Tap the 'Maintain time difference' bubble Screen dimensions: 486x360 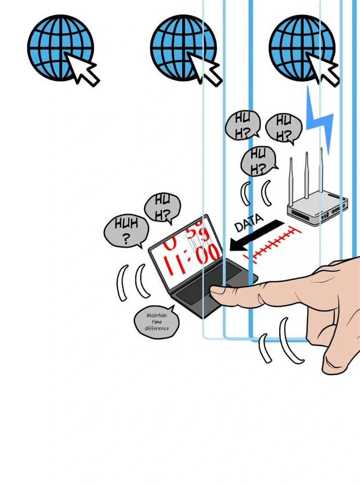157,322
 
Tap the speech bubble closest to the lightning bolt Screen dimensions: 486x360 283,126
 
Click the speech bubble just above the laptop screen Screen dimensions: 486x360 162,208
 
